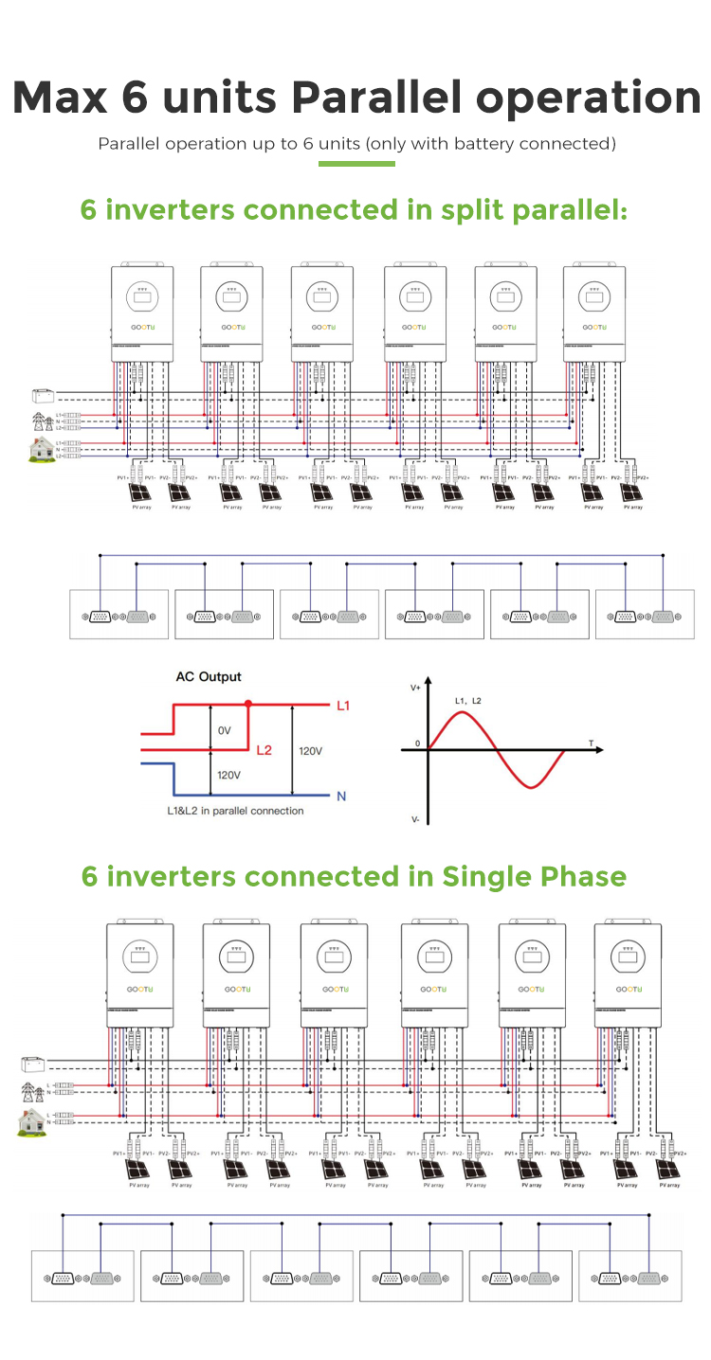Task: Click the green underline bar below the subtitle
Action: (x=356, y=164)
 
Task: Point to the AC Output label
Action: (x=209, y=677)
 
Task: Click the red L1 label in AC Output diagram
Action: (x=343, y=707)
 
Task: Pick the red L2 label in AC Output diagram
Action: (x=264, y=750)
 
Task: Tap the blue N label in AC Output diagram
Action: (x=341, y=796)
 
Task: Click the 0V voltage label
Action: (x=225, y=731)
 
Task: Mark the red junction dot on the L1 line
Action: (x=248, y=705)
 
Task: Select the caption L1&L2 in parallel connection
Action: (x=235, y=811)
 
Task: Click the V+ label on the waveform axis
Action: (x=416, y=688)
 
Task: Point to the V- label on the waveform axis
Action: (x=415, y=819)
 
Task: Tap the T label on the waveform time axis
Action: (x=591, y=745)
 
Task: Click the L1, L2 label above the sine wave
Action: (x=468, y=701)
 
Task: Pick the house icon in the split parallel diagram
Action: (x=42, y=448)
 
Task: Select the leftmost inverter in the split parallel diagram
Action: (x=143, y=313)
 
